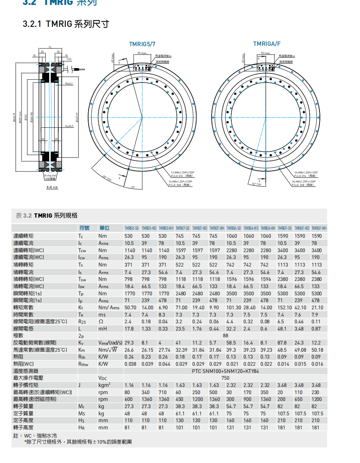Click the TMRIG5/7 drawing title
click(142, 44)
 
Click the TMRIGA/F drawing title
click(266, 44)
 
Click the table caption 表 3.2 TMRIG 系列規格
click(47, 215)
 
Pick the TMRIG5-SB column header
click(131, 228)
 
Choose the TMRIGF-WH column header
click(319, 228)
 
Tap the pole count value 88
click(225, 335)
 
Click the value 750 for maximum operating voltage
click(225, 378)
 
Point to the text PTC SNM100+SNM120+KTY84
click(225, 371)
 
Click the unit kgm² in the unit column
click(104, 385)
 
